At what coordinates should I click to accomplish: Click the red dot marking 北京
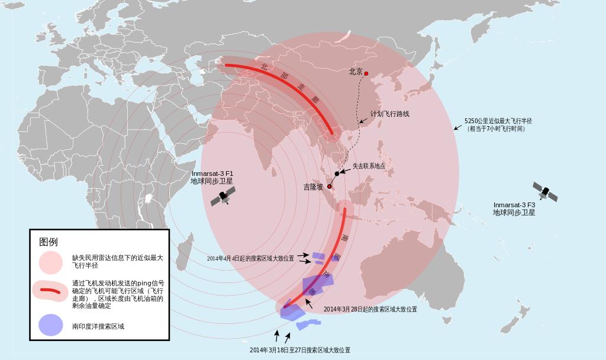point(366,73)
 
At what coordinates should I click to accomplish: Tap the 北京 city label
point(356,72)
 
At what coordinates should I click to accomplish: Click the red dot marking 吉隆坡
point(330,187)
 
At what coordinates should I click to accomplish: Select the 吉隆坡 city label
point(314,187)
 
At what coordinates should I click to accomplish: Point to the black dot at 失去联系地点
point(337,173)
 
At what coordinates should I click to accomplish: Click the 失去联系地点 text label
point(369,166)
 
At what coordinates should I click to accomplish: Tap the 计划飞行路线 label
point(389,114)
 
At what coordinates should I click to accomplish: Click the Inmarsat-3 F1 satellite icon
point(224,197)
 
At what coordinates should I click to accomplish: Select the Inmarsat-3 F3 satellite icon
point(545,192)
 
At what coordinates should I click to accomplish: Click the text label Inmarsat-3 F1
point(212,173)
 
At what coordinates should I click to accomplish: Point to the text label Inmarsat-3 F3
point(514,205)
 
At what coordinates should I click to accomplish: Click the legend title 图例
point(49,242)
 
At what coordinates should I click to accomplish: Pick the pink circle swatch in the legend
point(50,262)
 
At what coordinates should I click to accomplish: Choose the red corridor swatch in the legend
point(50,291)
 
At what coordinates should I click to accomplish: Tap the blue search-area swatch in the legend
point(50,325)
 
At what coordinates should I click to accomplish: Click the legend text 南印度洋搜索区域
point(98,326)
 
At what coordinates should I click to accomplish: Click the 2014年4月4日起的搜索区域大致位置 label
point(250,259)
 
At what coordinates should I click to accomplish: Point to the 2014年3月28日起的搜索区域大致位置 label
point(370,310)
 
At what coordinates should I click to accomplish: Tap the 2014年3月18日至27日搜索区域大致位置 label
point(299,350)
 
